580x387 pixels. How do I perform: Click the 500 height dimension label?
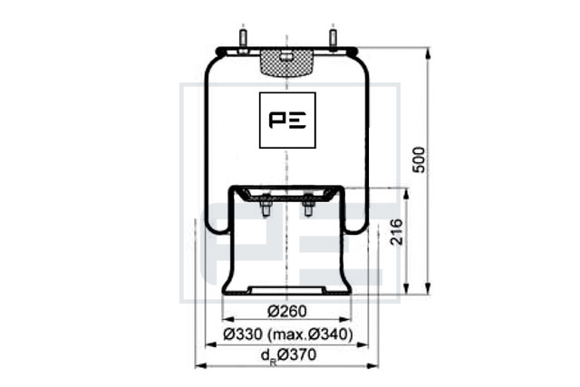point(419,160)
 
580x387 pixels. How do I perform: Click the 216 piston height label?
point(397,232)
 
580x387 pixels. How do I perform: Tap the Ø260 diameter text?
point(287,311)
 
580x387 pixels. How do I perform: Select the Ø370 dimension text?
point(296,354)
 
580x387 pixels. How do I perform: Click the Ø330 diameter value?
point(243,334)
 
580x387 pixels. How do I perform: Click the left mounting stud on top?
point(243,39)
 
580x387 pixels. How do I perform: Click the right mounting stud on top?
point(333,39)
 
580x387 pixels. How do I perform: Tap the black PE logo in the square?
point(287,121)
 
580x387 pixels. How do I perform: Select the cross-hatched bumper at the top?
point(287,63)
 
